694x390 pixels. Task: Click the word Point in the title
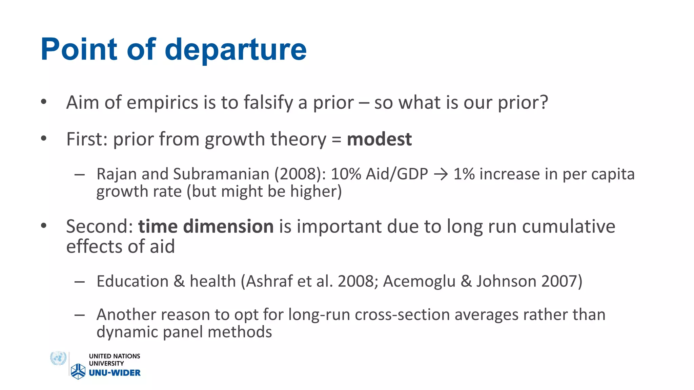pos(79,50)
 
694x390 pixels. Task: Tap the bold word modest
pos(379,139)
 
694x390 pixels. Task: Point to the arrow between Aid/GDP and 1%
pos(441,175)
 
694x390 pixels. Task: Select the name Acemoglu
pos(419,281)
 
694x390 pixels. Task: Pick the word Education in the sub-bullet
pos(132,281)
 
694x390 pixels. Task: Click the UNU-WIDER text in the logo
pos(115,373)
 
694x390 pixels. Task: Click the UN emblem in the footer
pos(58,359)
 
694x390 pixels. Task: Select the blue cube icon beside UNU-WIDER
pos(78,371)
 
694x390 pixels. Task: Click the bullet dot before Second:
pos(43,226)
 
